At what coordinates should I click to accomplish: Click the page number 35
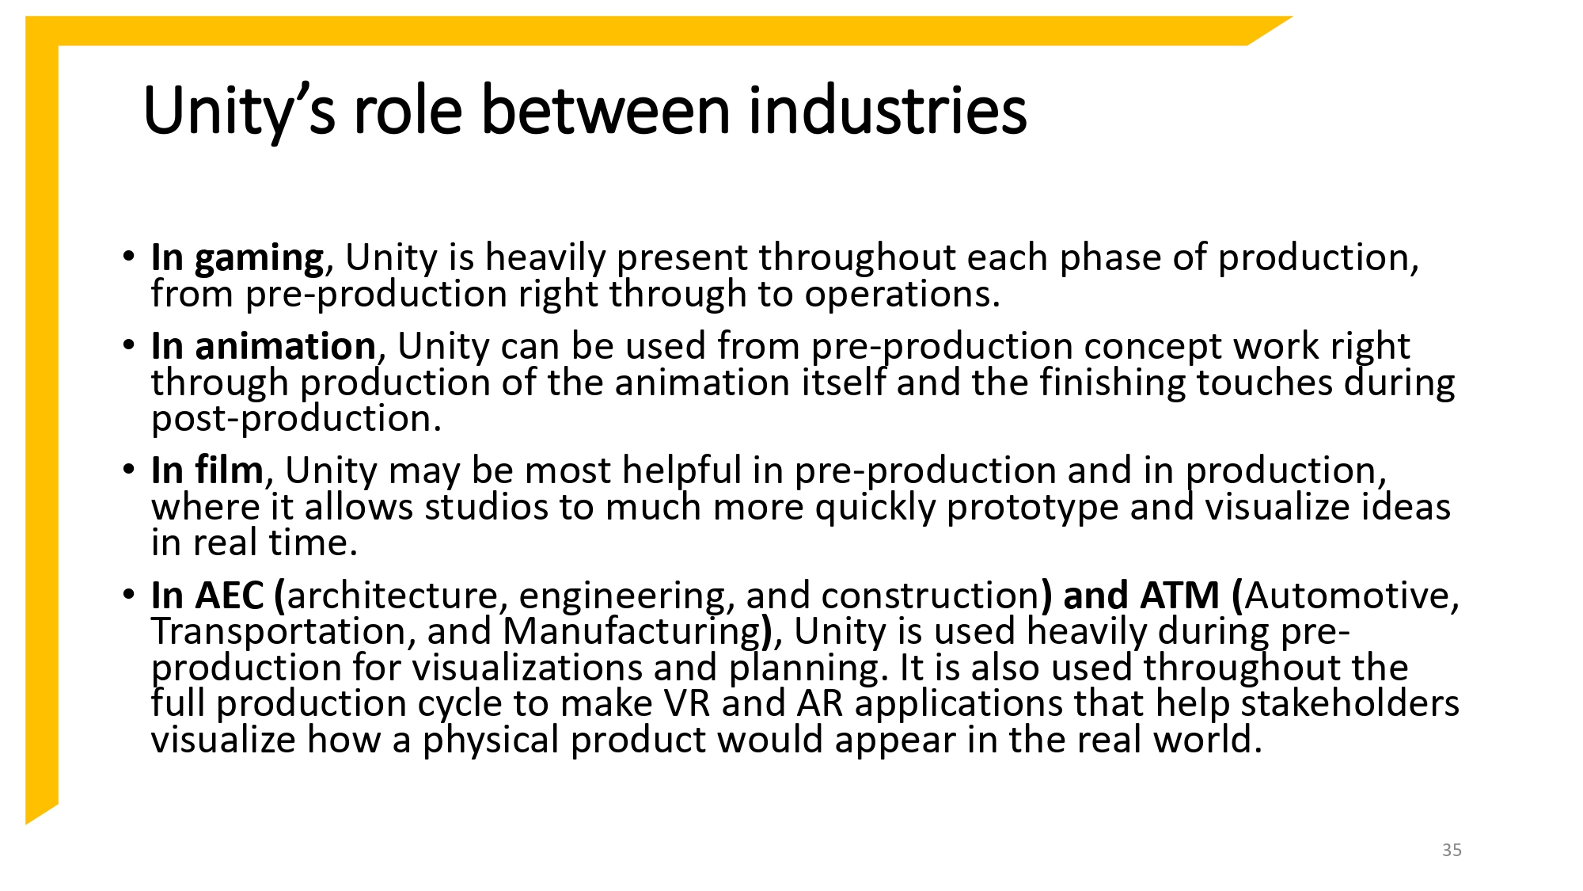pyautogui.click(x=1452, y=850)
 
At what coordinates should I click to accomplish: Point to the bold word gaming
pyautogui.click(x=259, y=259)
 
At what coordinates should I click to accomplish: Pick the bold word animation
pyautogui.click(x=285, y=347)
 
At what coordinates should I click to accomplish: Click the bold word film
pyautogui.click(x=229, y=470)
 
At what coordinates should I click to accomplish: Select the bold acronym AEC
pyautogui.click(x=229, y=596)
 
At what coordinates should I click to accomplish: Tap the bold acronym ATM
pyautogui.click(x=1180, y=596)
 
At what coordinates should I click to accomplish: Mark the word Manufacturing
pyautogui.click(x=632, y=632)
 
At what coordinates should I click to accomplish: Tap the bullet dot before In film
pyautogui.click(x=129, y=469)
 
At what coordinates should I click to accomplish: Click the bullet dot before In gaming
pyautogui.click(x=129, y=257)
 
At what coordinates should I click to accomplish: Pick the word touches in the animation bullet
pyautogui.click(x=1265, y=383)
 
